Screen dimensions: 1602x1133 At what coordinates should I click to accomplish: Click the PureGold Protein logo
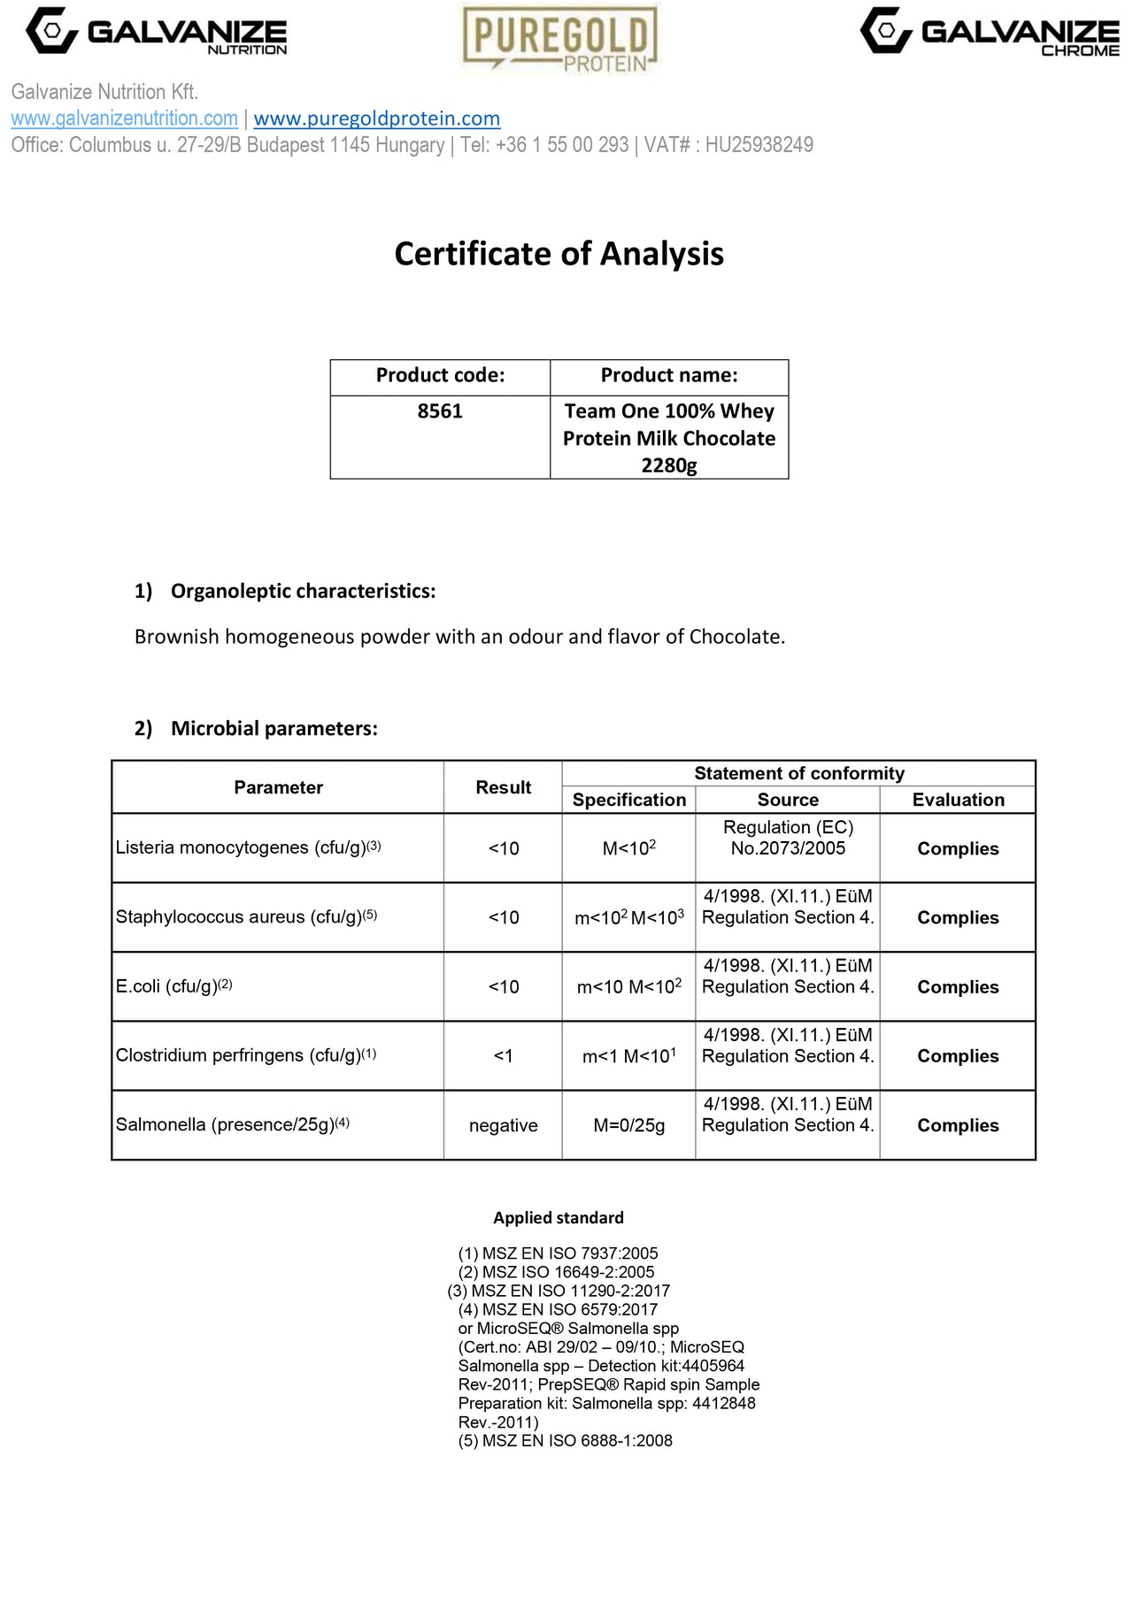click(x=560, y=38)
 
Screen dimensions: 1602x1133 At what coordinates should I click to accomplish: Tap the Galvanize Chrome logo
click(x=990, y=33)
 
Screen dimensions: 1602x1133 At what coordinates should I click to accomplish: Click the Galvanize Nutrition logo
click(x=157, y=32)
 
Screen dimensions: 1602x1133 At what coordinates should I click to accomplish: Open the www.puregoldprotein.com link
click(x=376, y=119)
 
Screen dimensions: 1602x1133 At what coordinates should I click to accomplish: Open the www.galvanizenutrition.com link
click(x=124, y=119)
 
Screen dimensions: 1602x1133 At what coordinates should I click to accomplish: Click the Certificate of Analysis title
click(x=559, y=254)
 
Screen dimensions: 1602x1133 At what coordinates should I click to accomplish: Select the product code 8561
click(x=440, y=411)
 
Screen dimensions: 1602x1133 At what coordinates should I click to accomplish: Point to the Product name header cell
click(x=669, y=376)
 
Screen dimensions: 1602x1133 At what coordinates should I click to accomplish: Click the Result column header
click(x=503, y=787)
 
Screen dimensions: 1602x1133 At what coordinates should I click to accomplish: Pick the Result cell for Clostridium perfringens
click(x=503, y=1056)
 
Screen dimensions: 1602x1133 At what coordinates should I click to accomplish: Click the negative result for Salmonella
click(x=503, y=1125)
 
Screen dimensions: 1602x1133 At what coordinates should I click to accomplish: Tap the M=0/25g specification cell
click(x=628, y=1125)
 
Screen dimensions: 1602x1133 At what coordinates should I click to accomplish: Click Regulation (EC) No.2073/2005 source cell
click(x=788, y=838)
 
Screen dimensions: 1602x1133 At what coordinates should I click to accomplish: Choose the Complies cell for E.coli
click(x=958, y=987)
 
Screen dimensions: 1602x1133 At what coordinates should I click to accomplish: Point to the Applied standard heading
click(x=559, y=1218)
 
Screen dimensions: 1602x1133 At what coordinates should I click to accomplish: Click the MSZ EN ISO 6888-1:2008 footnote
click(x=565, y=1441)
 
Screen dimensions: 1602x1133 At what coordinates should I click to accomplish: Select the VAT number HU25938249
click(x=759, y=145)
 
